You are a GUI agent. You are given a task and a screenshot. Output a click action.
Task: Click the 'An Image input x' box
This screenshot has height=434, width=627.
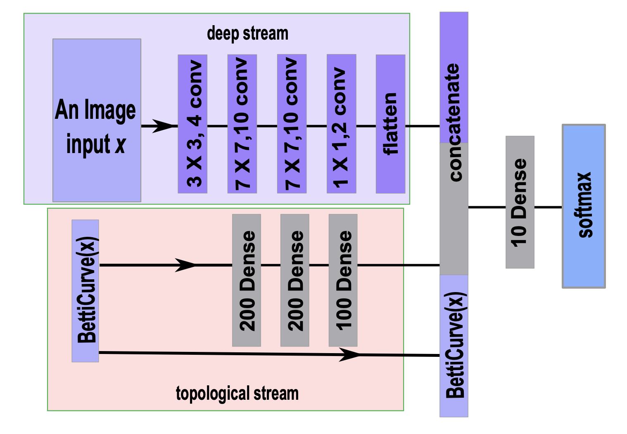tap(97, 120)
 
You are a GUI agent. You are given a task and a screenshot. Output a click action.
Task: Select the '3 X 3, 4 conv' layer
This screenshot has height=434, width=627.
tap(192, 124)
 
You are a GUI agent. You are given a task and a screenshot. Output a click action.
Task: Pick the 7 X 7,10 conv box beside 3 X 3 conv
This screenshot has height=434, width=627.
tap(242, 124)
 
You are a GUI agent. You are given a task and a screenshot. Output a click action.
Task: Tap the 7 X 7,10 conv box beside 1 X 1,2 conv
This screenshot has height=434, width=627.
tap(292, 124)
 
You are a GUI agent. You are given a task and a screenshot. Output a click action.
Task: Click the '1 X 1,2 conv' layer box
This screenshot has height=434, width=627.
tap(341, 124)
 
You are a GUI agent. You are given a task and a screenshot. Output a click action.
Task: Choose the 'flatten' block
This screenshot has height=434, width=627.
tap(390, 124)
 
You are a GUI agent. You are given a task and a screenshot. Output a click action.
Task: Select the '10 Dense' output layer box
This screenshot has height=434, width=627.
tap(520, 202)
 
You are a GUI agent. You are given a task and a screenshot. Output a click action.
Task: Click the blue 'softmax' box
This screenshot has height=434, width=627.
tap(583, 206)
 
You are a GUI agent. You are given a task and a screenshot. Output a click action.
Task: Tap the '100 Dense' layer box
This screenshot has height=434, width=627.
tap(343, 280)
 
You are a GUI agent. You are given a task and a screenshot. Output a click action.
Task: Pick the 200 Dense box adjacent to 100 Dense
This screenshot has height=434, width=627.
tap(294, 280)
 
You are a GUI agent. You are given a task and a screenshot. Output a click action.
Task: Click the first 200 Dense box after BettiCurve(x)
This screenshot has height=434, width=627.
tap(246, 280)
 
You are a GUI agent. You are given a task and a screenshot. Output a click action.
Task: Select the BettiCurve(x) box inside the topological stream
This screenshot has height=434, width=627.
tap(85, 291)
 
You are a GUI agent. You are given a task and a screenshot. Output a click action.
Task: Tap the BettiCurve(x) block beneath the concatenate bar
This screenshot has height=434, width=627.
tap(454, 346)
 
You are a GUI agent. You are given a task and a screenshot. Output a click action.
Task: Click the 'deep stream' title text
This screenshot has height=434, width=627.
tap(247, 33)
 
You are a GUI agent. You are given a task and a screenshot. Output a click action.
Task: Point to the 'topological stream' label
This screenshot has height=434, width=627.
tap(237, 393)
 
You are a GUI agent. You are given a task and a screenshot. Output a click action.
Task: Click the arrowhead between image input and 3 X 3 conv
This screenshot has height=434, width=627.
tap(163, 126)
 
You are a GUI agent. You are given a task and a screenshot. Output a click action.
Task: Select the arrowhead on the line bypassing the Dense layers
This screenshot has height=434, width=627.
tap(349, 354)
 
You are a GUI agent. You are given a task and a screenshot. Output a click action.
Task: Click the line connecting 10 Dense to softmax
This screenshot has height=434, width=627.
tap(548, 207)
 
